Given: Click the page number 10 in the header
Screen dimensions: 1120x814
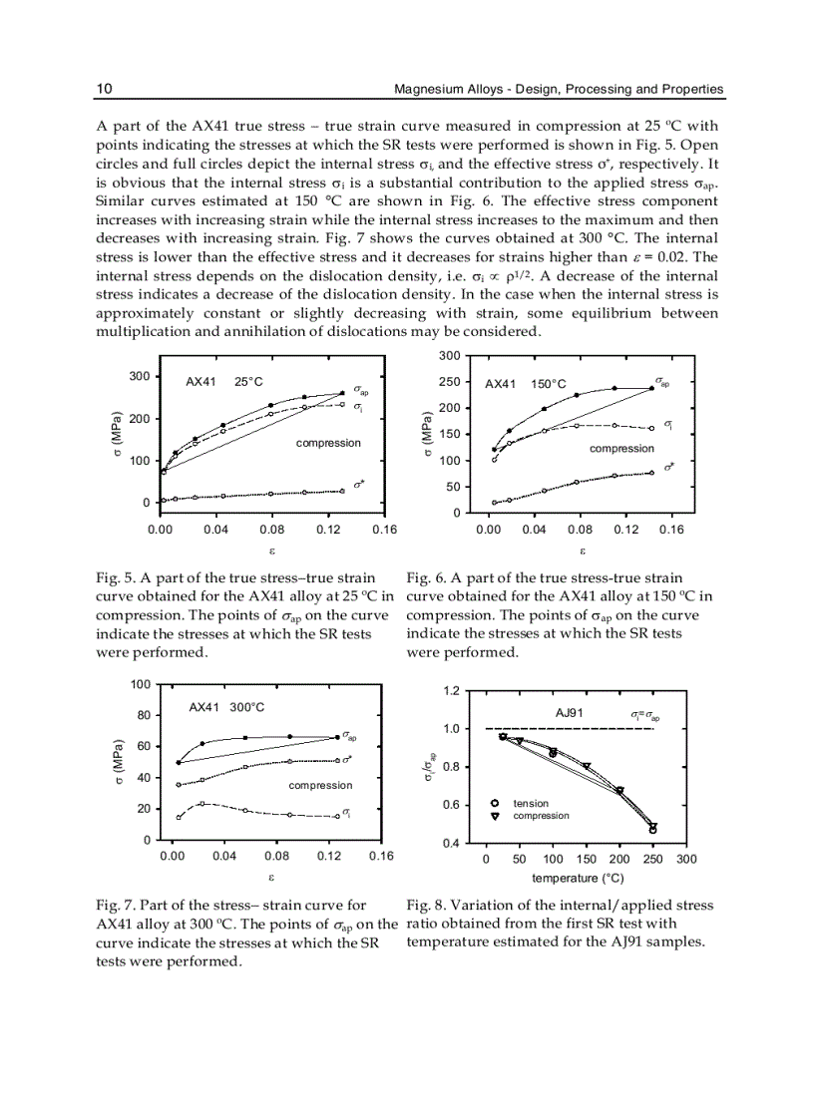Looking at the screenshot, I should (x=103, y=89).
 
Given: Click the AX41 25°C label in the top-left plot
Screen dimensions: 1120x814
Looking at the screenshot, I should (x=223, y=382).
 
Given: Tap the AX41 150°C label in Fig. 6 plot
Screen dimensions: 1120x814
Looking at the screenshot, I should (x=525, y=384).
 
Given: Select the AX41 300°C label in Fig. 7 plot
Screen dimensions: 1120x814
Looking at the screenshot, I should (x=226, y=707).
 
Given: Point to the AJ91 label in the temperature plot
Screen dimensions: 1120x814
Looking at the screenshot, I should (x=569, y=712).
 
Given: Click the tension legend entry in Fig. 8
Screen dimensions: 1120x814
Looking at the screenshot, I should (x=531, y=803).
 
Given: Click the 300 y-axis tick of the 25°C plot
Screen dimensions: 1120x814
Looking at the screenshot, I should (x=140, y=376).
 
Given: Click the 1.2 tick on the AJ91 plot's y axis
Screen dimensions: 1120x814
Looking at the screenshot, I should (x=451, y=690).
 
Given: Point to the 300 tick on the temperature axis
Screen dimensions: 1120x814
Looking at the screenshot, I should (x=686, y=860).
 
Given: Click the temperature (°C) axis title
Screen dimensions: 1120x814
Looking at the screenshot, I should (x=578, y=879).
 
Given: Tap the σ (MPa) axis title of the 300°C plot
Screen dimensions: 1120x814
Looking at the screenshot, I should (x=117, y=763).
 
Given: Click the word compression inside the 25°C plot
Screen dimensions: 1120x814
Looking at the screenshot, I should (x=328, y=442).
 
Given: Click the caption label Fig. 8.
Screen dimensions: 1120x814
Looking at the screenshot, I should (x=426, y=906).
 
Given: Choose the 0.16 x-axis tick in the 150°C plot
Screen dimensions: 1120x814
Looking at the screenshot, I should (x=671, y=530).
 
